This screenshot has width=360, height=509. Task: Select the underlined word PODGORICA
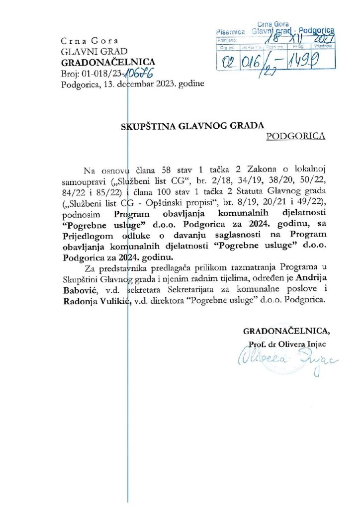coord(296,136)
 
